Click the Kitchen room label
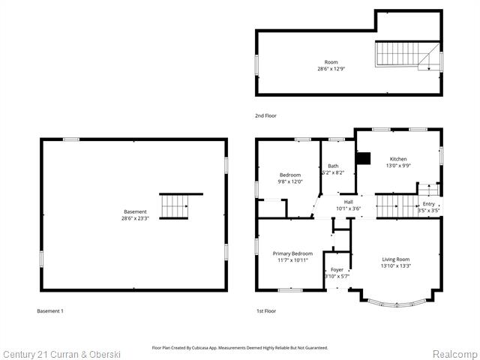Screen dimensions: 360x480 [397, 159]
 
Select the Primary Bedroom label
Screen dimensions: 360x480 [292, 253]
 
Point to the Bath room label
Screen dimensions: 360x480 [333, 166]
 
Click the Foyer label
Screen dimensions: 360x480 [337, 269]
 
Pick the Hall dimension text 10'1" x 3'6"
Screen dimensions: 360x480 [348, 208]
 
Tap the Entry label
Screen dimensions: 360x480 [428, 204]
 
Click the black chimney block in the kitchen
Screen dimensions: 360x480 [364, 158]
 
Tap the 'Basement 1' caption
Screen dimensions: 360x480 [50, 310]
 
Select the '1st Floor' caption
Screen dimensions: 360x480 [266, 310]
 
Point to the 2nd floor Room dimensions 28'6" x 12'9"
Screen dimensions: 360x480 [331, 69]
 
